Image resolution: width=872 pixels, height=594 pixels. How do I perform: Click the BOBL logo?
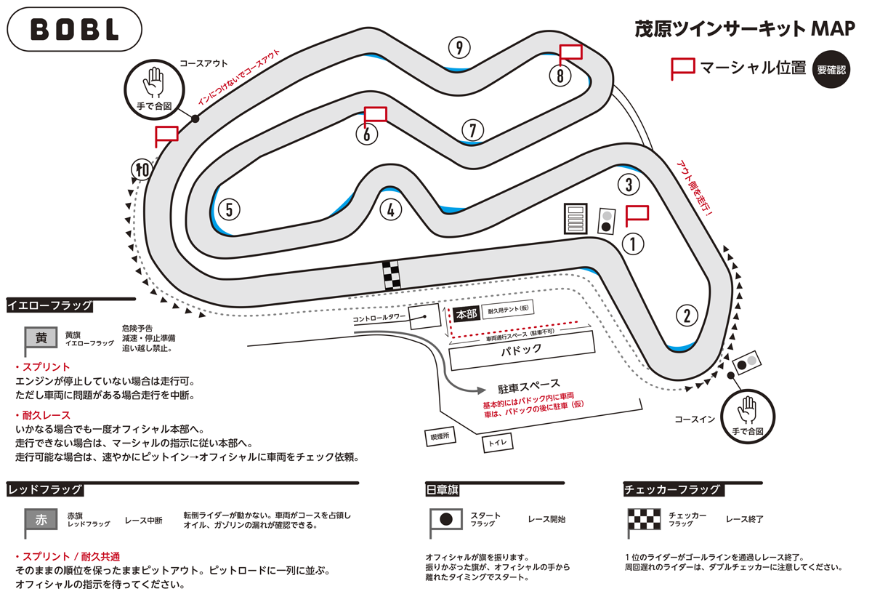[75, 29]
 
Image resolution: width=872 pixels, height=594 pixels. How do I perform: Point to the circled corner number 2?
[686, 316]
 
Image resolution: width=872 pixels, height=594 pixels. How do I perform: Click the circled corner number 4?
[390, 210]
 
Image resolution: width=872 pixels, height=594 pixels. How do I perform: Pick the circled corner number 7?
[472, 131]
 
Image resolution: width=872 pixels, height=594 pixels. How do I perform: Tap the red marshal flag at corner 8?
[571, 54]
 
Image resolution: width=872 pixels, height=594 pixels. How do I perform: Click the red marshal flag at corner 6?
[375, 115]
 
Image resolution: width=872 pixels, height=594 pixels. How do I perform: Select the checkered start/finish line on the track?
[392, 275]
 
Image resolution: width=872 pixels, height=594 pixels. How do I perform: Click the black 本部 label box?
[465, 314]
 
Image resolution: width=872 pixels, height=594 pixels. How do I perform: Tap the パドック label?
[522, 350]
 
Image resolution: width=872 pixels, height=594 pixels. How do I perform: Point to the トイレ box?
[498, 442]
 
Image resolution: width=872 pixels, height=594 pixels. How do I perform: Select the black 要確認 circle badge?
[831, 70]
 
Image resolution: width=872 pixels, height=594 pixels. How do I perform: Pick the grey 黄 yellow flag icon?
[41, 338]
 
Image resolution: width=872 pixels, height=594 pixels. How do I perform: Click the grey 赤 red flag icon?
[41, 520]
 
